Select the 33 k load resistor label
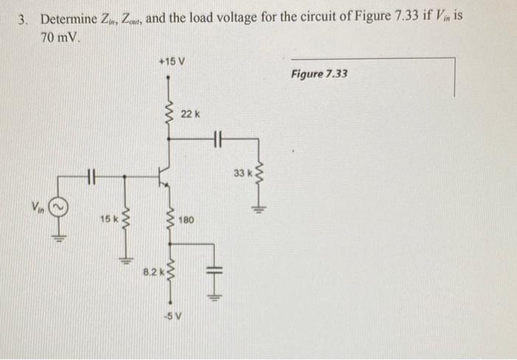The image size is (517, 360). coord(242,173)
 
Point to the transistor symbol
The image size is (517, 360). coord(166,176)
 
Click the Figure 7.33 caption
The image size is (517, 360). coord(318,75)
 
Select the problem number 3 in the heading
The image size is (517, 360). coord(23,18)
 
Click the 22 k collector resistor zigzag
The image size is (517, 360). coord(171,115)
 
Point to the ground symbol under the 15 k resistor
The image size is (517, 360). coord(124,258)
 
